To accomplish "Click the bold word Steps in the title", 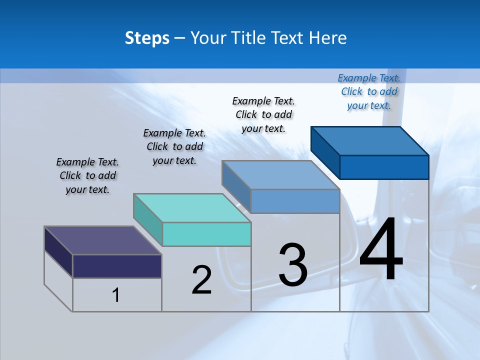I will coord(147,38).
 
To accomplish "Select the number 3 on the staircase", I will coord(293,264).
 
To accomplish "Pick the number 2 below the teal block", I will coord(201,280).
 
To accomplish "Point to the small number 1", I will coord(116,295).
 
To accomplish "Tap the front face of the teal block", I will coord(206,234).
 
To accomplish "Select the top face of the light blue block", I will coord(280,175).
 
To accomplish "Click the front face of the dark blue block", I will coord(384,167).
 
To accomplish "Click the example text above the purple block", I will coord(87,175).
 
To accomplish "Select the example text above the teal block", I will coord(174,146).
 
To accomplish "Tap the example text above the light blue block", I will coord(263,114).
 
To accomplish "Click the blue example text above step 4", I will coord(369,91).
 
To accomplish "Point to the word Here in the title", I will coord(328,38).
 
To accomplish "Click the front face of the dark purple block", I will coord(117,266).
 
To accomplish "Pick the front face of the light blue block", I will coord(295,201).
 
